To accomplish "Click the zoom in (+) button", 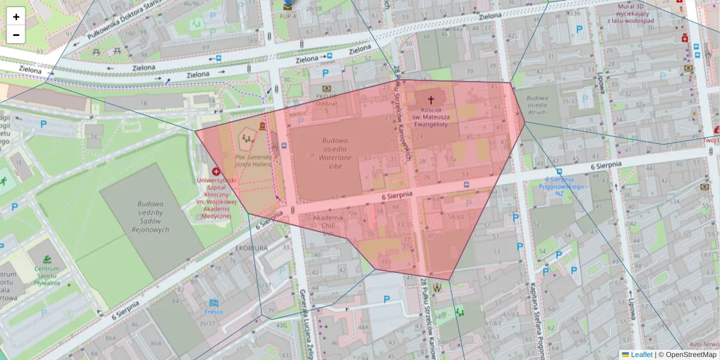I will click(16, 17).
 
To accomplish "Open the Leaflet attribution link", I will click(641, 355).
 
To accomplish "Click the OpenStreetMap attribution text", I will click(691, 355).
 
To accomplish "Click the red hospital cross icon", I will click(216, 172).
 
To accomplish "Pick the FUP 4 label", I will click(289, 16).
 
